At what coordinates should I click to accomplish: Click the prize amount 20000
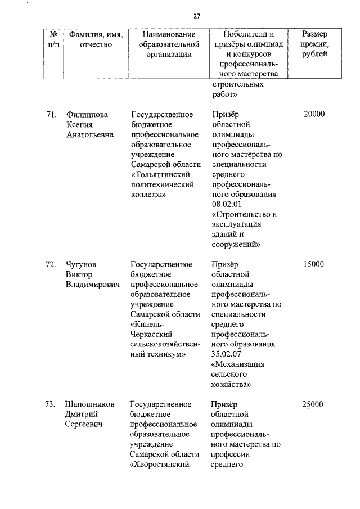click(314, 115)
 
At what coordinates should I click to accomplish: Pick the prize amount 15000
click(314, 264)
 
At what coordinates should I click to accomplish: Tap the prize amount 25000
click(314, 404)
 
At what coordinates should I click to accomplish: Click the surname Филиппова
click(87, 115)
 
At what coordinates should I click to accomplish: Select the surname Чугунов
click(83, 264)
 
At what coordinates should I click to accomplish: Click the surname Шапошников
click(90, 404)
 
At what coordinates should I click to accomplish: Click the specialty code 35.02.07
click(229, 354)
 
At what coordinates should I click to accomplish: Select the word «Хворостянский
click(161, 465)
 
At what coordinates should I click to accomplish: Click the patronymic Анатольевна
click(89, 135)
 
